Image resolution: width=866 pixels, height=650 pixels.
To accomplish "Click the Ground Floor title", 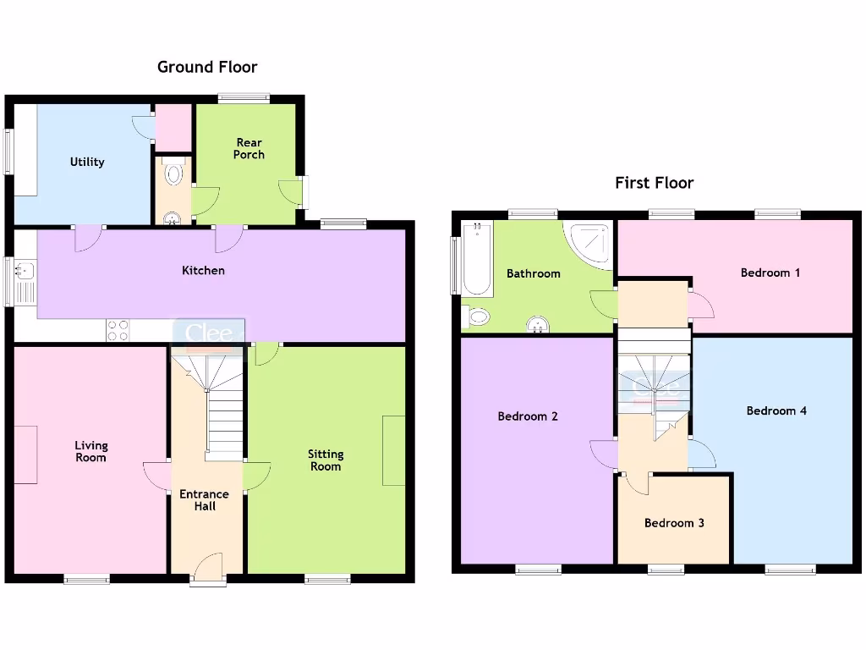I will coord(207,67).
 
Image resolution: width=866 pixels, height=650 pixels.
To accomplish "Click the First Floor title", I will coord(654,183).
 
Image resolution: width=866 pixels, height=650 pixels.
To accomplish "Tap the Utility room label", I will coord(87,162).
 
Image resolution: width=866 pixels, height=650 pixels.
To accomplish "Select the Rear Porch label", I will coord(249,149).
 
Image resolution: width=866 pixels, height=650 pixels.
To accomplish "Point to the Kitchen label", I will coord(204,271).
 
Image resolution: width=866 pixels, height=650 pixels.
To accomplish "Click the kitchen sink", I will coord(24,273).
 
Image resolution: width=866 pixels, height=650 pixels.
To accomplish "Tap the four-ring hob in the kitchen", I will coord(118,330).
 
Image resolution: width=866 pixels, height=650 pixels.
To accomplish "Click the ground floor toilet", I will coord(173,174).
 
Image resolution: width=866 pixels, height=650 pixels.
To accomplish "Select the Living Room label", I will coord(90,452).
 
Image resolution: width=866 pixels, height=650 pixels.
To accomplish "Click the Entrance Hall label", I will coord(204,500).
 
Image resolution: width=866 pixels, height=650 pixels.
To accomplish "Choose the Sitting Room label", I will coord(325,460).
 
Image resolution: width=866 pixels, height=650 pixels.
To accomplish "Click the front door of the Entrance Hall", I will coord(208,569).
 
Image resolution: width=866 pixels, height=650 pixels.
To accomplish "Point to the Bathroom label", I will coord(533,273).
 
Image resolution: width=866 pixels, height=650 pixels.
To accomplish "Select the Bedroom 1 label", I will coord(770,273).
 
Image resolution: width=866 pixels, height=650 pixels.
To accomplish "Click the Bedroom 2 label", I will coord(527,416).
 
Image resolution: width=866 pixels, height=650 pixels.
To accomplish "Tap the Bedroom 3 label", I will coord(674,523).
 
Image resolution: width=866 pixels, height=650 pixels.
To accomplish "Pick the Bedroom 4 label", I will coord(776,410).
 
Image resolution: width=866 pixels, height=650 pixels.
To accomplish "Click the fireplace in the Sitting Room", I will coord(393,450).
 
